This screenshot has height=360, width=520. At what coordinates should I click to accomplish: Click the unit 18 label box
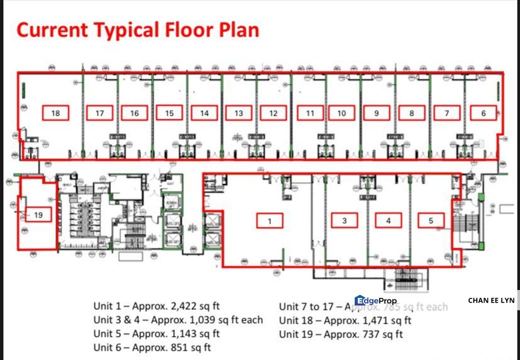(55, 113)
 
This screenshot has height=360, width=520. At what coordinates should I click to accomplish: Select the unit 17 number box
(99, 113)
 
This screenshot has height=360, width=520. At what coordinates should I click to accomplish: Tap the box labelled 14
(204, 113)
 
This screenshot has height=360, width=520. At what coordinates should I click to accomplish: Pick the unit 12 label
(273, 113)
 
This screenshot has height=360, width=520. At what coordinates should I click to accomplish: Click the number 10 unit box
(341, 113)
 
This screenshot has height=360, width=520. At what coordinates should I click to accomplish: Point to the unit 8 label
(411, 113)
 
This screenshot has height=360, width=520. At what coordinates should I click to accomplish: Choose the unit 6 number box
(483, 113)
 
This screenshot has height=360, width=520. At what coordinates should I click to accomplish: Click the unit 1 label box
(269, 220)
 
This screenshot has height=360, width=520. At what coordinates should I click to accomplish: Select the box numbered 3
(344, 220)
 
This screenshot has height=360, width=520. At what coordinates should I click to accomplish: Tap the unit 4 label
(388, 220)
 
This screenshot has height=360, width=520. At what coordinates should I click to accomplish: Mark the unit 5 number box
(431, 220)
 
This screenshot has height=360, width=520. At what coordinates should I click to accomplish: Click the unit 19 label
(38, 215)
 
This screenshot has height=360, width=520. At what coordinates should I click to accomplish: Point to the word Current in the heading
(52, 30)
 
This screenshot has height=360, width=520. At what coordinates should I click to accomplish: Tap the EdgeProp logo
(375, 300)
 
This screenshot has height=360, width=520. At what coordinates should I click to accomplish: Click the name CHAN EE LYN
(491, 300)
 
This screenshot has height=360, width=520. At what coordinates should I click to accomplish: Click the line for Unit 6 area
(152, 347)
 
